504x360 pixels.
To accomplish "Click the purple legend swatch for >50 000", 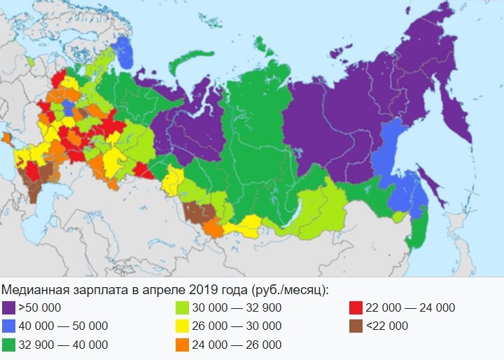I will (9, 308).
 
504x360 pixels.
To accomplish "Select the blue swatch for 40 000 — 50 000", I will (9, 326).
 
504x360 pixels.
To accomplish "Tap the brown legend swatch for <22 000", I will (355, 326).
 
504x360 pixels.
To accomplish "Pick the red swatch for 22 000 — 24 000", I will (355, 308).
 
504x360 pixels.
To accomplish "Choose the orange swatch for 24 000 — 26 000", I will (182, 345).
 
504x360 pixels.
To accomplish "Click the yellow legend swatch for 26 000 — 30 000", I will (182, 326).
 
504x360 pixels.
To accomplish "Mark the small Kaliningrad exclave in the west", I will (31, 61).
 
